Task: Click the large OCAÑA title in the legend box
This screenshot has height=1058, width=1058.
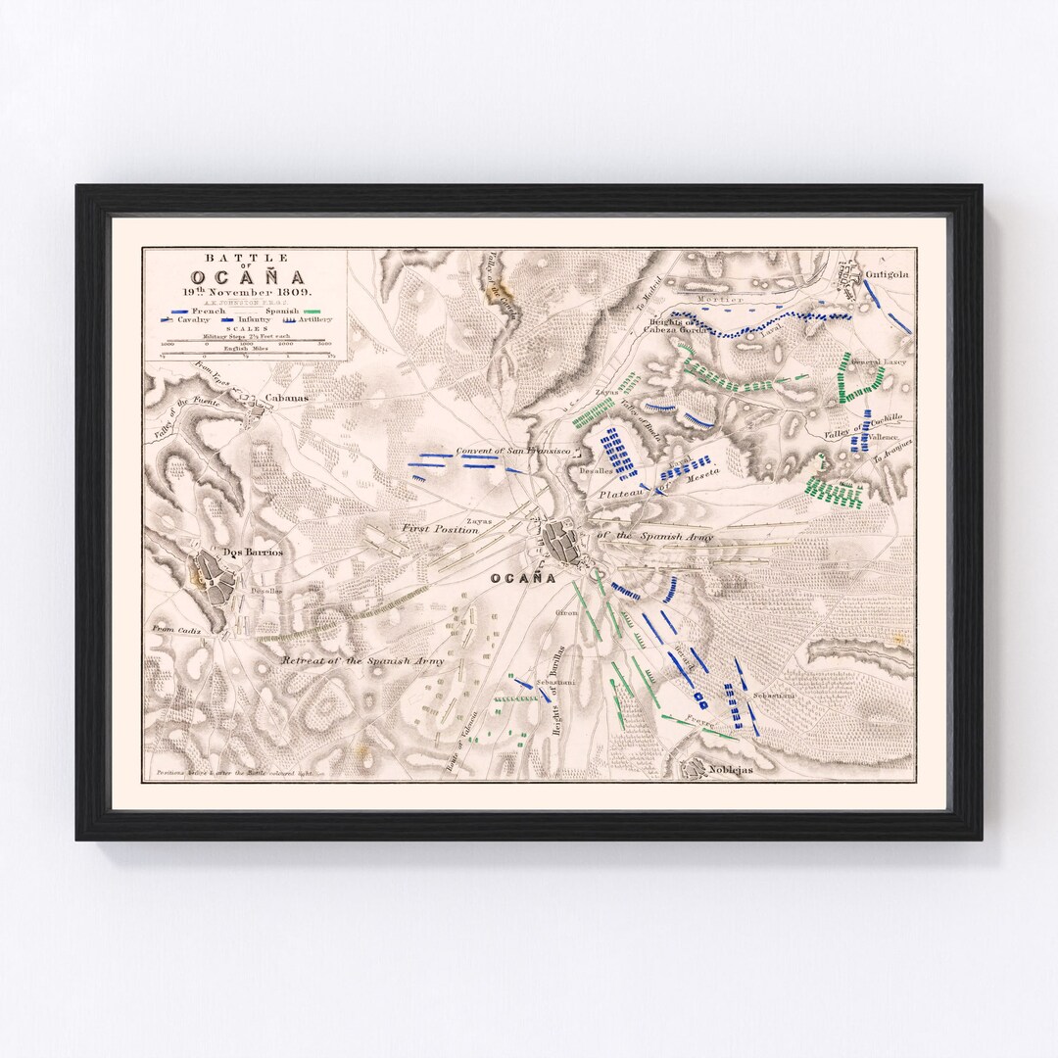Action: (x=241, y=276)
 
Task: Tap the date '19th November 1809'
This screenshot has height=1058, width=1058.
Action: (x=241, y=292)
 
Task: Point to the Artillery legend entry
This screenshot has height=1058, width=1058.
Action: (x=310, y=319)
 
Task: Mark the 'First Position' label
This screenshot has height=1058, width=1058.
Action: (x=439, y=529)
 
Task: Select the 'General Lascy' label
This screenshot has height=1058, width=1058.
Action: (x=879, y=362)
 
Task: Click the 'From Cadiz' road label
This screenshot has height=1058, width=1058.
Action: (x=176, y=631)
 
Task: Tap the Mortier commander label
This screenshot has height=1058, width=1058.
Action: (x=724, y=299)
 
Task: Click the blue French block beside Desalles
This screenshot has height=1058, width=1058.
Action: (x=619, y=453)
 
